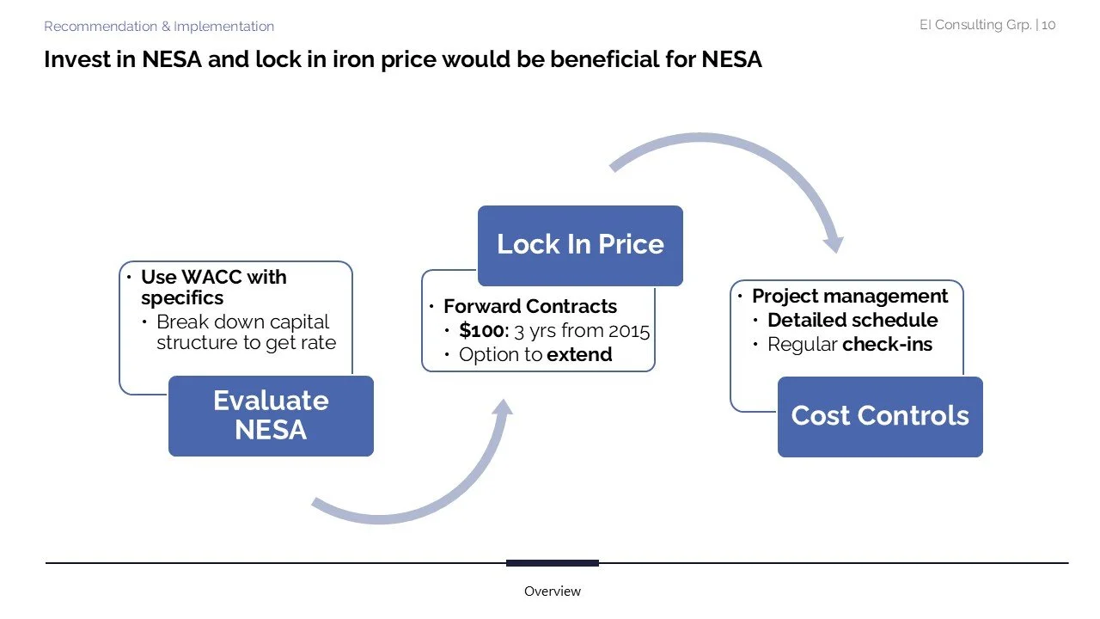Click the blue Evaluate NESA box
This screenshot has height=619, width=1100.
coord(271,415)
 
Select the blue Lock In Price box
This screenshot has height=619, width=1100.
coord(580,245)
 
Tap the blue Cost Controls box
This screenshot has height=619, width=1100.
coord(880,416)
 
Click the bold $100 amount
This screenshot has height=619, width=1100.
coord(483,330)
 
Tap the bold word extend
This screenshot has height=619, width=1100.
coord(579,354)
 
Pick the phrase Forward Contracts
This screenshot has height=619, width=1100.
coord(530,306)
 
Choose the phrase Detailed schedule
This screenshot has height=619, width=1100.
coord(852,320)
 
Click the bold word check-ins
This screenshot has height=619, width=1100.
coord(887,344)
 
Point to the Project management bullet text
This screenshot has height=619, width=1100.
coord(850,296)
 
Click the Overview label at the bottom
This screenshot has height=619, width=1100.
coord(553,591)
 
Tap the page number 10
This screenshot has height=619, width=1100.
coord(1048,25)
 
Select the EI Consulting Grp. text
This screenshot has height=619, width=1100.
coord(975,25)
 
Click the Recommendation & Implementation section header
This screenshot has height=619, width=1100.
coord(159,27)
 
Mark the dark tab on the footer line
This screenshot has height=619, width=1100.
coord(552,563)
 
